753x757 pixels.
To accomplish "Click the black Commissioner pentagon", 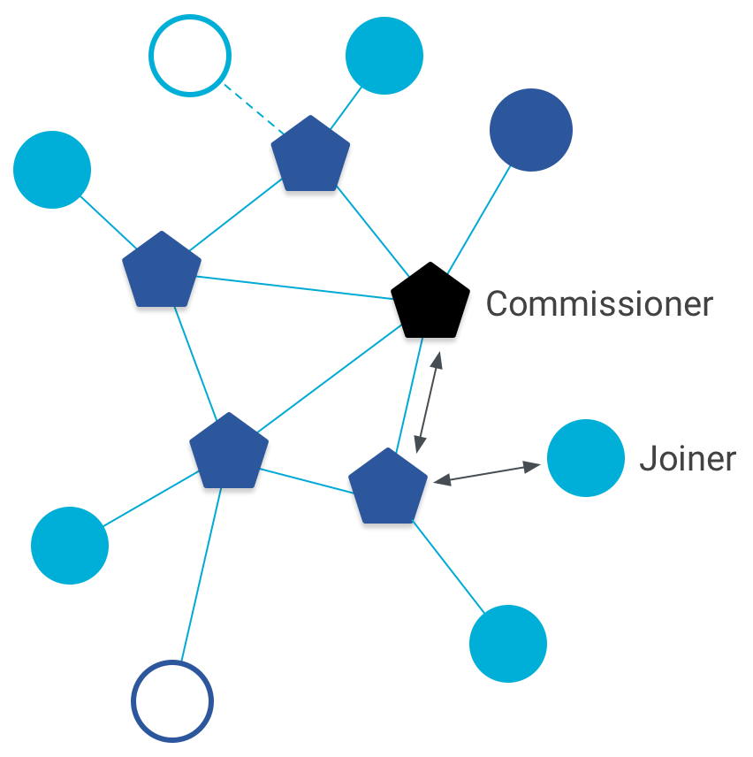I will tap(430, 302).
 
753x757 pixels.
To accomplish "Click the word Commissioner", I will tap(599, 303).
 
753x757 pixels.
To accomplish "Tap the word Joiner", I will tap(687, 459).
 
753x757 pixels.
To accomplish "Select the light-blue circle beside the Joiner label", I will tap(586, 459).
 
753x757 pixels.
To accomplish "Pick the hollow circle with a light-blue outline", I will tap(190, 56).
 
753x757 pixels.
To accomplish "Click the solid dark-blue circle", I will tap(530, 130).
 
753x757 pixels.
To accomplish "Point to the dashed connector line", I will tap(252, 109).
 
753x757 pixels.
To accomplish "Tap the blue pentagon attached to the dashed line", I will tap(309, 156).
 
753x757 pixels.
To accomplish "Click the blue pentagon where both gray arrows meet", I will tap(387, 487).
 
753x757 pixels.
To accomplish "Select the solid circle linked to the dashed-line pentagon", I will tap(384, 56).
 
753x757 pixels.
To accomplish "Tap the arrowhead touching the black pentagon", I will tap(436, 358).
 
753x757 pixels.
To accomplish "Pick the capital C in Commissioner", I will tap(498, 303).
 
